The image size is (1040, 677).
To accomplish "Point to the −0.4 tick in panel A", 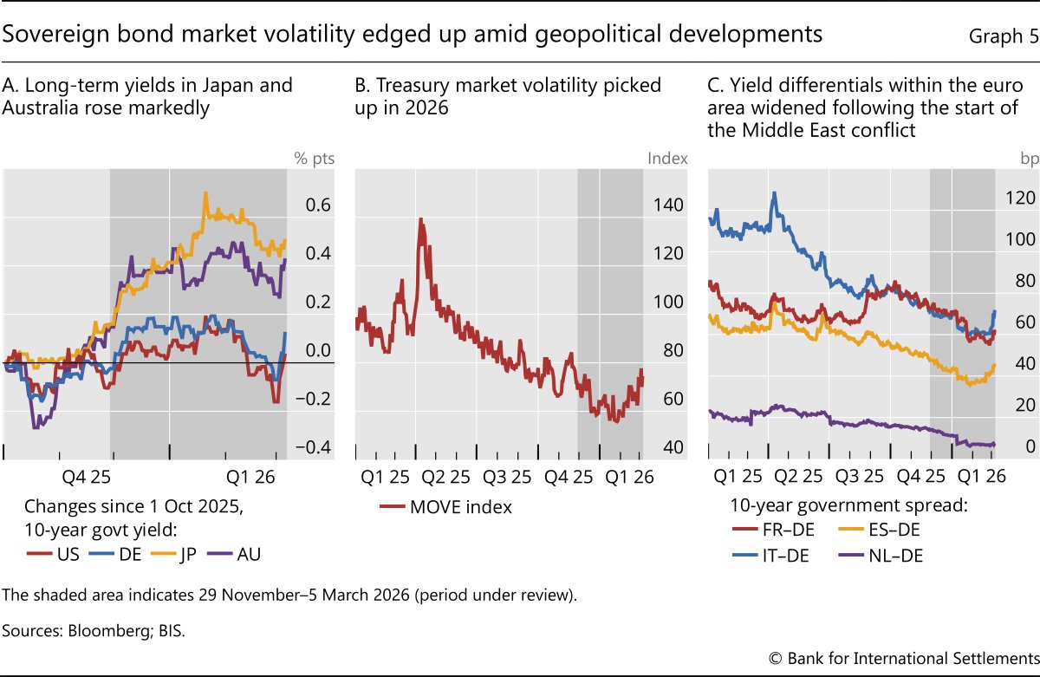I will [311, 447].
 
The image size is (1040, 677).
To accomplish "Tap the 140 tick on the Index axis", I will [670, 205].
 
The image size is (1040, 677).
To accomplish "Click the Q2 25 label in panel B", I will [446, 476].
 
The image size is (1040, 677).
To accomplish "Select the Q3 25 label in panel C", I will [862, 476].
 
